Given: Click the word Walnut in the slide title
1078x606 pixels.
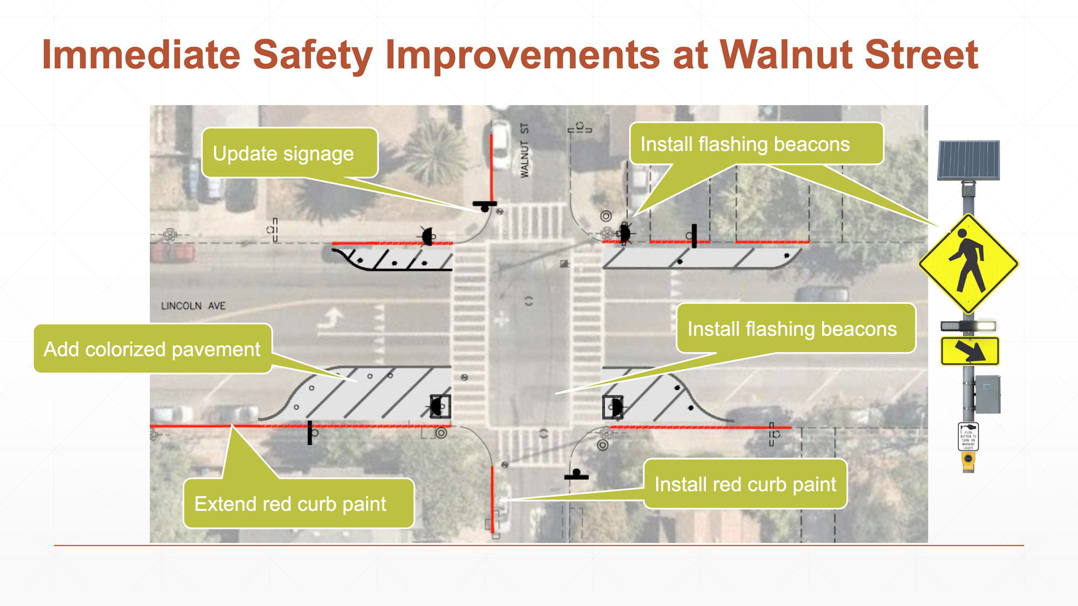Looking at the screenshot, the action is click(x=785, y=55).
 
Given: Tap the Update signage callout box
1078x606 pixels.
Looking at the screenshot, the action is click(x=289, y=154).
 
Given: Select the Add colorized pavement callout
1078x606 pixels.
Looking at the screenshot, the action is click(x=153, y=349).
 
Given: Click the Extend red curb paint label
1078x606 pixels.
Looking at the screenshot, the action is click(x=298, y=504).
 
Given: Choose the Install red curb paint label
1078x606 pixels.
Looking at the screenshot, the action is click(x=745, y=484).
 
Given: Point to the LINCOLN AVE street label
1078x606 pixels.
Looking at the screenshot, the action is click(x=193, y=306).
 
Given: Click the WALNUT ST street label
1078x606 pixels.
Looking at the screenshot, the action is click(x=524, y=150).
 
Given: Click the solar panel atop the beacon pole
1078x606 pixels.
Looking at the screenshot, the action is click(x=969, y=160).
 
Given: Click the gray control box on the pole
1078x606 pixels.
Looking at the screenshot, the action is click(x=987, y=394).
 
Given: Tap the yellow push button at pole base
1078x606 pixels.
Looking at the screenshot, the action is click(x=969, y=459).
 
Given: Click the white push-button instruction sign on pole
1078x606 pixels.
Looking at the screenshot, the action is click(x=969, y=436).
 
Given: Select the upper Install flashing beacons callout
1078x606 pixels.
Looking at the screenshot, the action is click(x=756, y=144).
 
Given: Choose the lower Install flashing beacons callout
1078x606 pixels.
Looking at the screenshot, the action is click(x=795, y=329).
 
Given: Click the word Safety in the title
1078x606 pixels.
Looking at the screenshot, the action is click(x=312, y=55).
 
